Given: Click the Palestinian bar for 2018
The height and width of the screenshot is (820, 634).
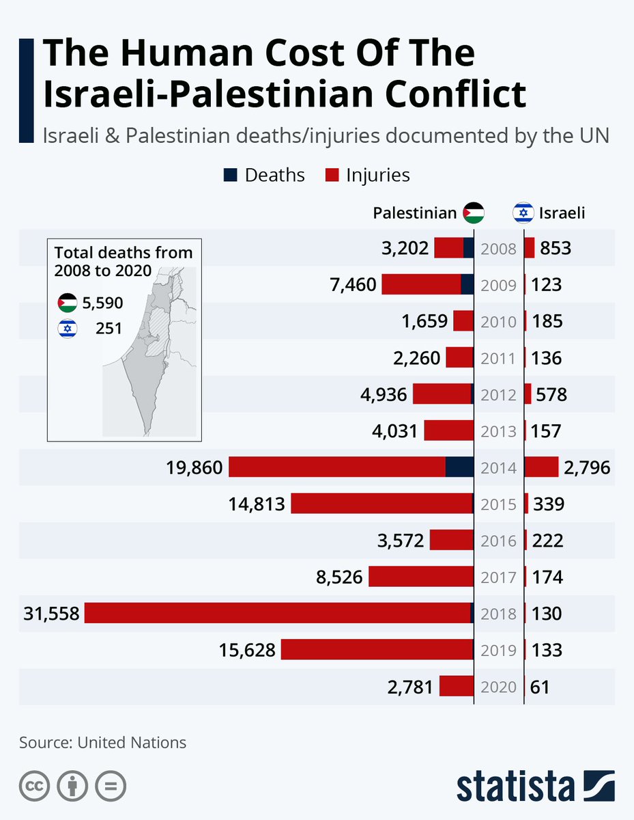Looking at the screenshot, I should click(278, 613).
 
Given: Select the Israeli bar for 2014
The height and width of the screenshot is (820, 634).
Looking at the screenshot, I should click(541, 467).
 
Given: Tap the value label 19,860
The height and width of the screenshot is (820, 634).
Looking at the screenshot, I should click(194, 467).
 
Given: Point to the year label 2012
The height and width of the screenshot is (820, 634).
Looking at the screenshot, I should click(498, 394).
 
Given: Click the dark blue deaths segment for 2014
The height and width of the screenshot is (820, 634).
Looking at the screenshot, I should click(459, 467).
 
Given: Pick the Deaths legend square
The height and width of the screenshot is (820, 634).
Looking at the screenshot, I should click(231, 175).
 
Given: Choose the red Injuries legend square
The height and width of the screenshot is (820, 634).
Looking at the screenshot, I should click(332, 175).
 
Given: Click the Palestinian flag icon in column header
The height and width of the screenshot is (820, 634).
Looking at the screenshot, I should click(473, 213).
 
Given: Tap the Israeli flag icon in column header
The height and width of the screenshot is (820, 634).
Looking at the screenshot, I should click(523, 213).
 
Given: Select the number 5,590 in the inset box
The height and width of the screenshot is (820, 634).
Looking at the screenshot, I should click(102, 303).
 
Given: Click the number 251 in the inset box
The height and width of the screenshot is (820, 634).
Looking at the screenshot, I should click(109, 329).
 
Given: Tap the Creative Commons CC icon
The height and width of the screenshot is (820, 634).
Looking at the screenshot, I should click(33, 787).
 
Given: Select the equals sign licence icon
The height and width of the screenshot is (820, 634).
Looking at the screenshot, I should click(110, 787).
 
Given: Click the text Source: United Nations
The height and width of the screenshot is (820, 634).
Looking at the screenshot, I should click(102, 742).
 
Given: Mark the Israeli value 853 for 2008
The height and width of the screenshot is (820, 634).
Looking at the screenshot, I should click(555, 248).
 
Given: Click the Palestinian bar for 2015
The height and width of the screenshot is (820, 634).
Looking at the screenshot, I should click(382, 504).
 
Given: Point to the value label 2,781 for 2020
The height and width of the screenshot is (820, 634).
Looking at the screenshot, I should click(409, 686).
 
